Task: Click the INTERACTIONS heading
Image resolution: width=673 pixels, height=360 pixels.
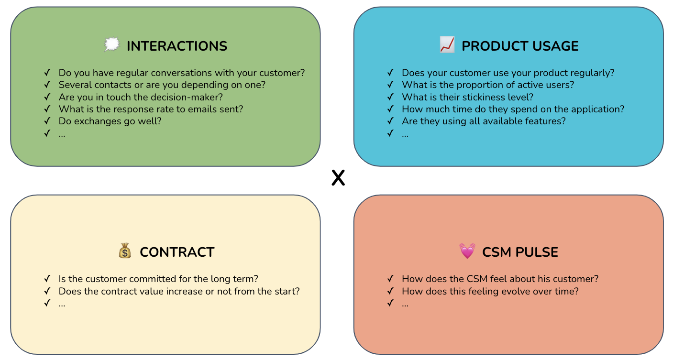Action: (x=177, y=46)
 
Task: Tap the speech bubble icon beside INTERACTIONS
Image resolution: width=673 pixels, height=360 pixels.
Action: (x=111, y=45)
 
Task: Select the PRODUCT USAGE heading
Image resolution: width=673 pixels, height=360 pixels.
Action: (x=520, y=46)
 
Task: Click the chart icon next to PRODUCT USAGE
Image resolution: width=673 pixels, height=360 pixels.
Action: (x=447, y=45)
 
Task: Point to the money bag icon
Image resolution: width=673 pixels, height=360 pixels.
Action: (x=124, y=251)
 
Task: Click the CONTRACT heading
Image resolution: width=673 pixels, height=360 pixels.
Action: (x=177, y=252)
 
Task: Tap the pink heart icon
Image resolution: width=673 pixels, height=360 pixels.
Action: (x=467, y=251)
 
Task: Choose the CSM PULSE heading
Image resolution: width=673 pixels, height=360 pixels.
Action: (x=520, y=252)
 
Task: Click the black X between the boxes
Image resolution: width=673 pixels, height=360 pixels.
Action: (x=338, y=178)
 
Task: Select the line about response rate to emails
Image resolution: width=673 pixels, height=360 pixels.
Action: (x=151, y=109)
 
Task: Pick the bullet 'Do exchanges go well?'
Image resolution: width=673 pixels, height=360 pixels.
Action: (x=110, y=121)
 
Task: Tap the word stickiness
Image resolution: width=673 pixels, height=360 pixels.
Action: (x=482, y=97)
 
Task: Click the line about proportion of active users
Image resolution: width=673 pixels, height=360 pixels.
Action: (x=488, y=85)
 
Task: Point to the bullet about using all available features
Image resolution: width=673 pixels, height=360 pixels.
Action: (x=484, y=121)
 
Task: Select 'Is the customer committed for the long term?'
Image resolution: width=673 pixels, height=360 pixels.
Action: (x=158, y=279)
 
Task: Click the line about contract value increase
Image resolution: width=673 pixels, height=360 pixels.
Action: (x=179, y=291)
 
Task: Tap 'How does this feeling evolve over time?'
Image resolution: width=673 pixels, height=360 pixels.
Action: (x=490, y=291)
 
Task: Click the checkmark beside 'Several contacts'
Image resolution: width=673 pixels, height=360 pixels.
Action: (x=47, y=85)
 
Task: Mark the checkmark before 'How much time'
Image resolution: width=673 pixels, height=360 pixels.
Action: (x=390, y=109)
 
